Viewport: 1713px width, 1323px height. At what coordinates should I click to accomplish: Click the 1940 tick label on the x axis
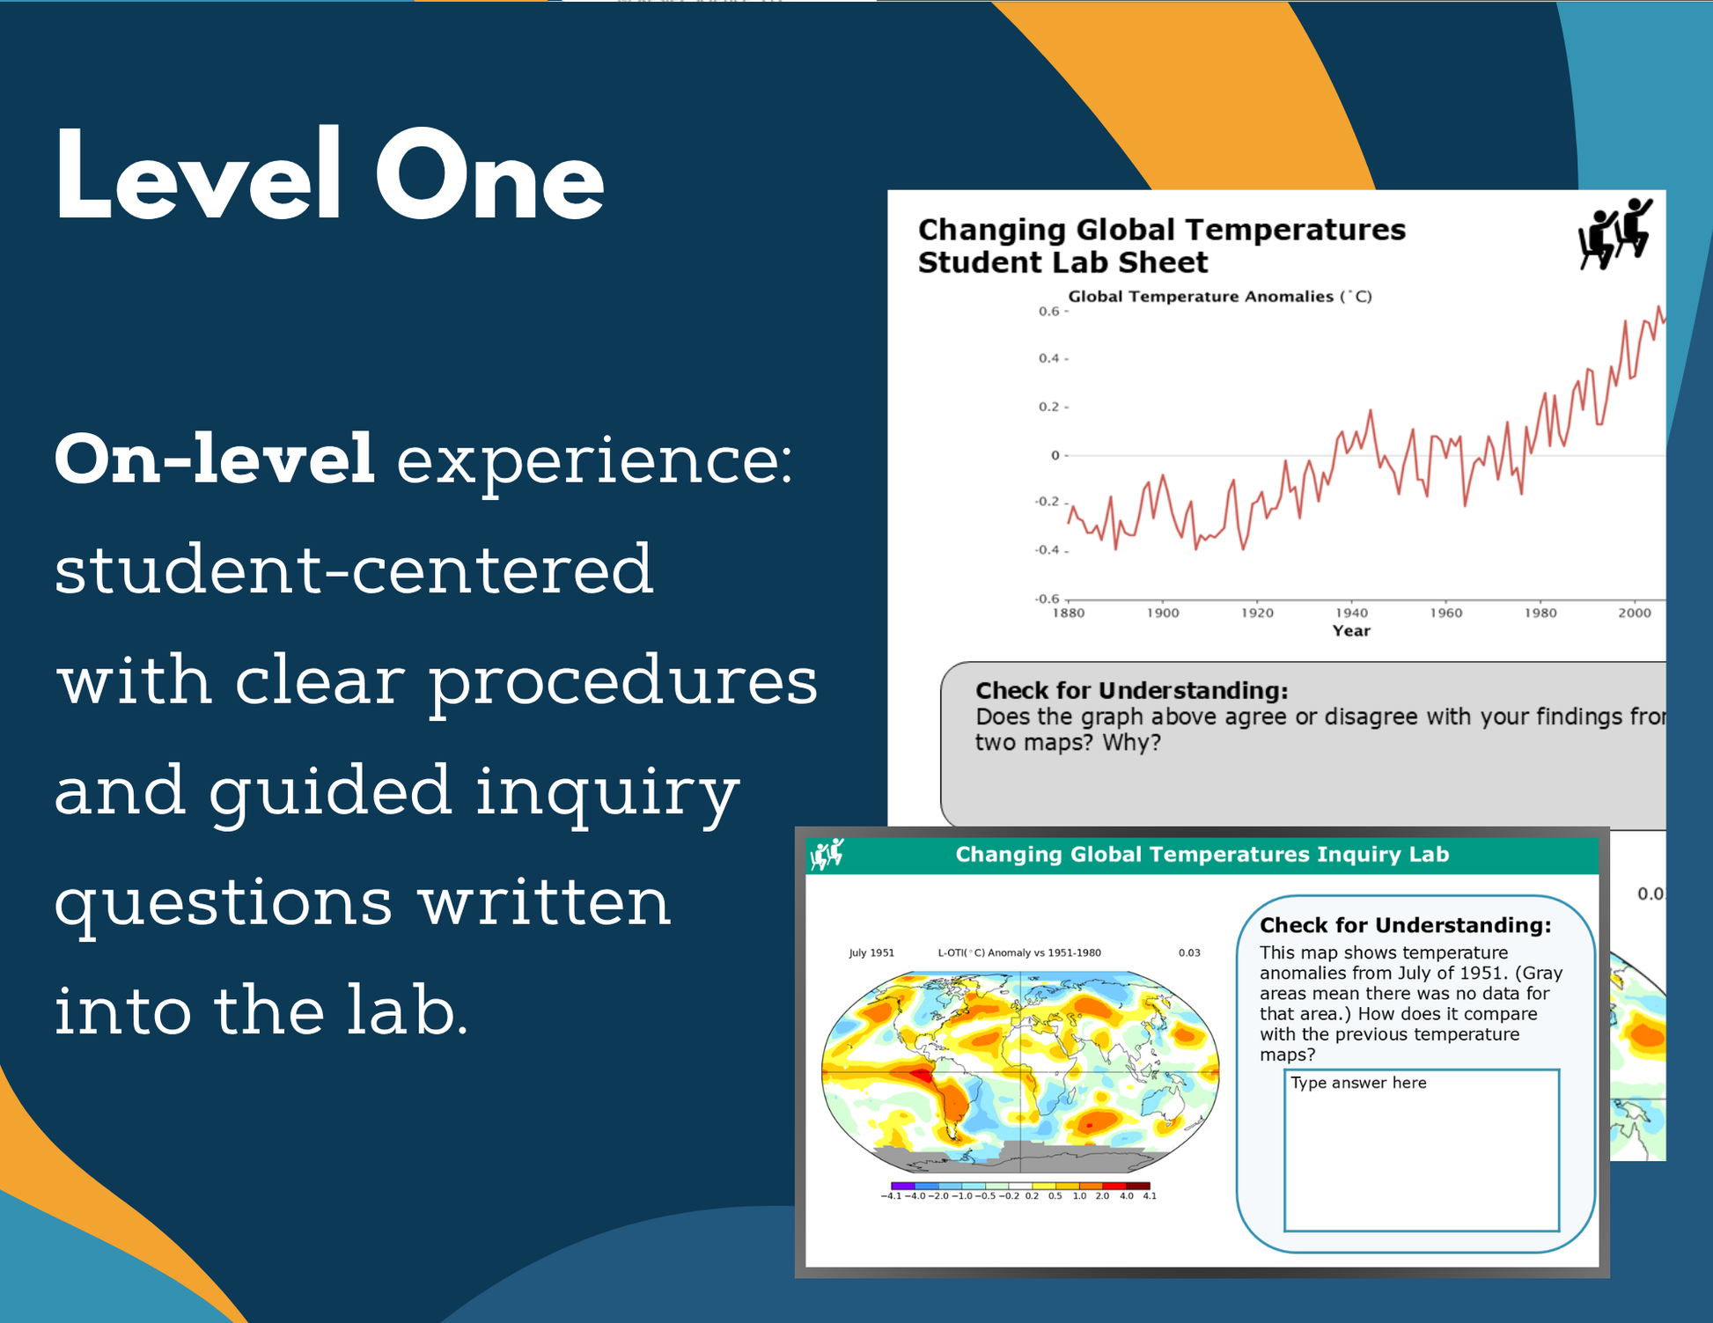coord(1351,613)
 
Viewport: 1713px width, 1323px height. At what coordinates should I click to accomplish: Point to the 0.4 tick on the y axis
coord(1049,358)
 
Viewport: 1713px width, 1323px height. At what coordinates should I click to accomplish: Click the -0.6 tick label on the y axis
coord(1047,599)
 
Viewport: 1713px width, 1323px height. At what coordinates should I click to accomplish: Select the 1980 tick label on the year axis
coord(1540,613)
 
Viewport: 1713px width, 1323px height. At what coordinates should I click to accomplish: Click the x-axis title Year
coord(1351,630)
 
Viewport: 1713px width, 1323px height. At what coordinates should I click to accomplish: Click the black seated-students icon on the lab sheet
coord(1615,233)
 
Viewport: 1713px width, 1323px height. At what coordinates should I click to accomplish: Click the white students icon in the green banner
coord(827,854)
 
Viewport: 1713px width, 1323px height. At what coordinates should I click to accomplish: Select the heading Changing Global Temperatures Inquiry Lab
coord(1202,854)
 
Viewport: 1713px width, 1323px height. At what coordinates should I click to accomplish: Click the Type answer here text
coord(1358,1083)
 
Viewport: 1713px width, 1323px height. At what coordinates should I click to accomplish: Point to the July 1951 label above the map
coord(871,952)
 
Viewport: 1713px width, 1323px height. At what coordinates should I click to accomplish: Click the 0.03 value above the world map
coord(1189,952)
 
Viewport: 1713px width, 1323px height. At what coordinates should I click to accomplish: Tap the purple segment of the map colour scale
coord(902,1186)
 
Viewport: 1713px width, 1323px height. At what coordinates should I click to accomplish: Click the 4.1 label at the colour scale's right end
coord(1150,1196)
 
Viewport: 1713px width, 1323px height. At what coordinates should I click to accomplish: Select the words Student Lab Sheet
coord(1062,262)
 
